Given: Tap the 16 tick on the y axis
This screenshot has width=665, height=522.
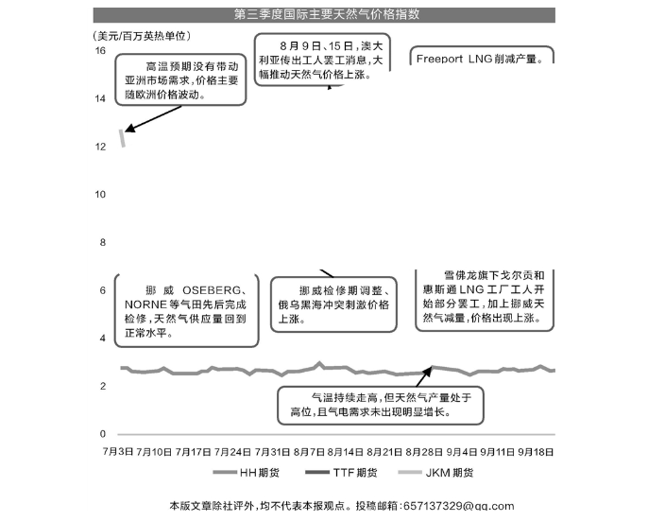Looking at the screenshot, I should [x=100, y=50].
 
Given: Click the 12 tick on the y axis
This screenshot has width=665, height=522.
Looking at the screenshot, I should [x=100, y=147].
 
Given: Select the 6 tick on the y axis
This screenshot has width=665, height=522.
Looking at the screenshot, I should [x=102, y=290].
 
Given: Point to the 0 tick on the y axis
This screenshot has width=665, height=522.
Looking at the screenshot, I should [x=102, y=434].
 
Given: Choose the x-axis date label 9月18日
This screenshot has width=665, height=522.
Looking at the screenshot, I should [x=536, y=451].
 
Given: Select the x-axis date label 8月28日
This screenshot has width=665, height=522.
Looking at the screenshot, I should [x=424, y=451].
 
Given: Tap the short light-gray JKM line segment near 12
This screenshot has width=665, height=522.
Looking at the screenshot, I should [x=122, y=137].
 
